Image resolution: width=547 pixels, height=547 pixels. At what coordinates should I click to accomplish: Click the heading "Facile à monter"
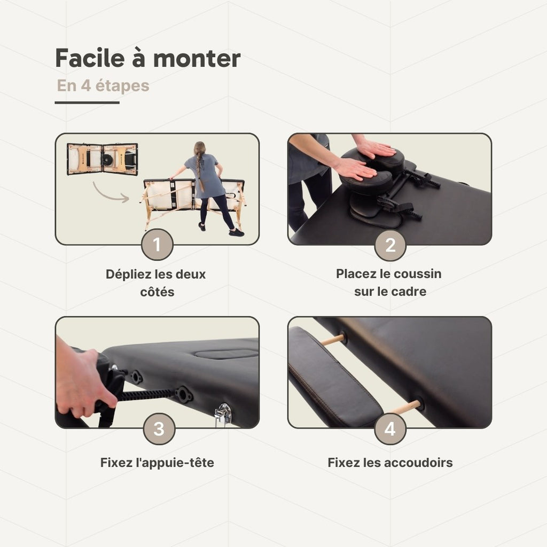tap(148, 58)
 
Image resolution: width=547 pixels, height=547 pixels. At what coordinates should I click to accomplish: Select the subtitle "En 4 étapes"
tap(103, 86)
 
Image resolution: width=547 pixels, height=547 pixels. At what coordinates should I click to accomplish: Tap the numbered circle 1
tap(157, 245)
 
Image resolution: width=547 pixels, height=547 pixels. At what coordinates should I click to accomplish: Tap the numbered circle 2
tap(390, 245)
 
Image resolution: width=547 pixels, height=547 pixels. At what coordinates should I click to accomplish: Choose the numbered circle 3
tap(159, 429)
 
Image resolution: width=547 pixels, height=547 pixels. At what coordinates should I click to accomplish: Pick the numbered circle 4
tap(390, 429)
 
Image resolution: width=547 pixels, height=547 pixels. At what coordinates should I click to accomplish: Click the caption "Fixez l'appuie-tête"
tap(157, 463)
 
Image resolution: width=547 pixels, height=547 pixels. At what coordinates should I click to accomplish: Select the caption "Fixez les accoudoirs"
tap(390, 463)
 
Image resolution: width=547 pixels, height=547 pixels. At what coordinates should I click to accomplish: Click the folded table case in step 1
tap(102, 159)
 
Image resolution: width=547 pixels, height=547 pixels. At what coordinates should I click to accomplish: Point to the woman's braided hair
tap(200, 167)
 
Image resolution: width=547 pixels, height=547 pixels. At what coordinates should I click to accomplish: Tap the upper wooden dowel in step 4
tap(333, 340)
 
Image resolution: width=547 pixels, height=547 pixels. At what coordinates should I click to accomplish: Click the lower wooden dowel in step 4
tap(405, 408)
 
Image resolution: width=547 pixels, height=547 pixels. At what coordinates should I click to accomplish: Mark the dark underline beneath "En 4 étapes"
tap(87, 103)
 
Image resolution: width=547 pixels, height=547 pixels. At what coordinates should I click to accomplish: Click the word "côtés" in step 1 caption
tap(157, 292)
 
